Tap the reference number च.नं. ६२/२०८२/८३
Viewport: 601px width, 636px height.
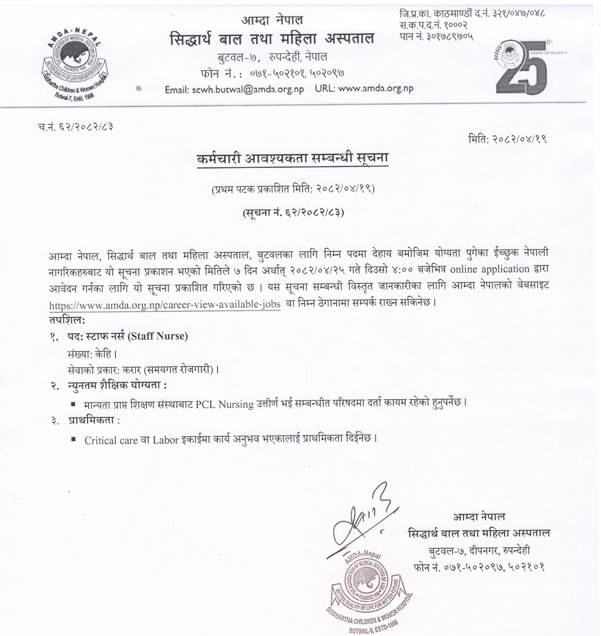tap(75, 127)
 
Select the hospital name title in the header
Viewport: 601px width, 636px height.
tap(272, 39)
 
